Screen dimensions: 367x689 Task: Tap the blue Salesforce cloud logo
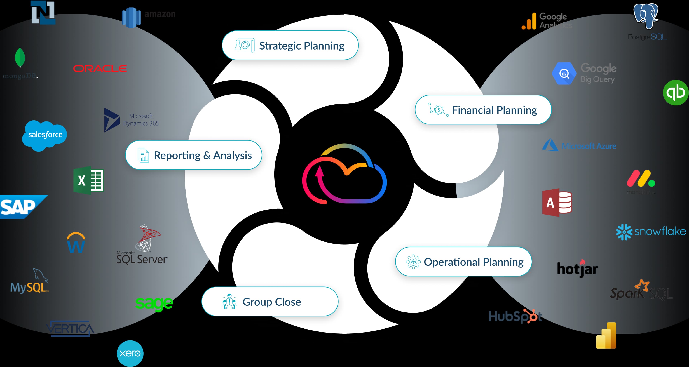tap(45, 135)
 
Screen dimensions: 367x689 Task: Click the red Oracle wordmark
tap(100, 69)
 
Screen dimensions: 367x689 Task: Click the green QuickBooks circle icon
tap(676, 93)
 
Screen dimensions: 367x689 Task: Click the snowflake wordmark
tap(660, 231)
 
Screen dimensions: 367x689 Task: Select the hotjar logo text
tap(577, 269)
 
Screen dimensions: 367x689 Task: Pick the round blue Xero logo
tap(130, 353)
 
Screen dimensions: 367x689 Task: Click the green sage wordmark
tap(154, 303)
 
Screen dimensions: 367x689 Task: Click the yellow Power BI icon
tap(606, 336)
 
